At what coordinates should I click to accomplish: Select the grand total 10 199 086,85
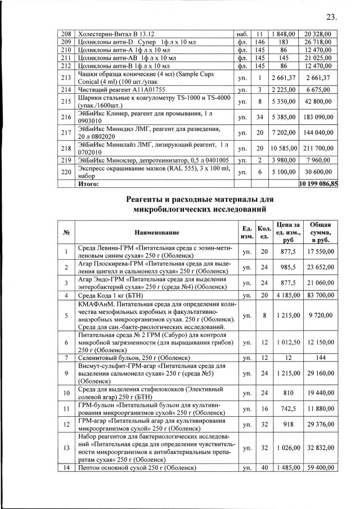318,183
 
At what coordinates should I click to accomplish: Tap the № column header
66,232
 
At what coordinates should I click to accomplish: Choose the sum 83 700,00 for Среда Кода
318,295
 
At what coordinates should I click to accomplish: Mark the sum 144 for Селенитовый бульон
318,358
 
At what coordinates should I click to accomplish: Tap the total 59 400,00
318,467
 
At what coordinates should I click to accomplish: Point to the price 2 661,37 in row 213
283,77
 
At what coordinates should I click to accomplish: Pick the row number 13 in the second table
66,448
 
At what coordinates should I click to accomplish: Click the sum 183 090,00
318,118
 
